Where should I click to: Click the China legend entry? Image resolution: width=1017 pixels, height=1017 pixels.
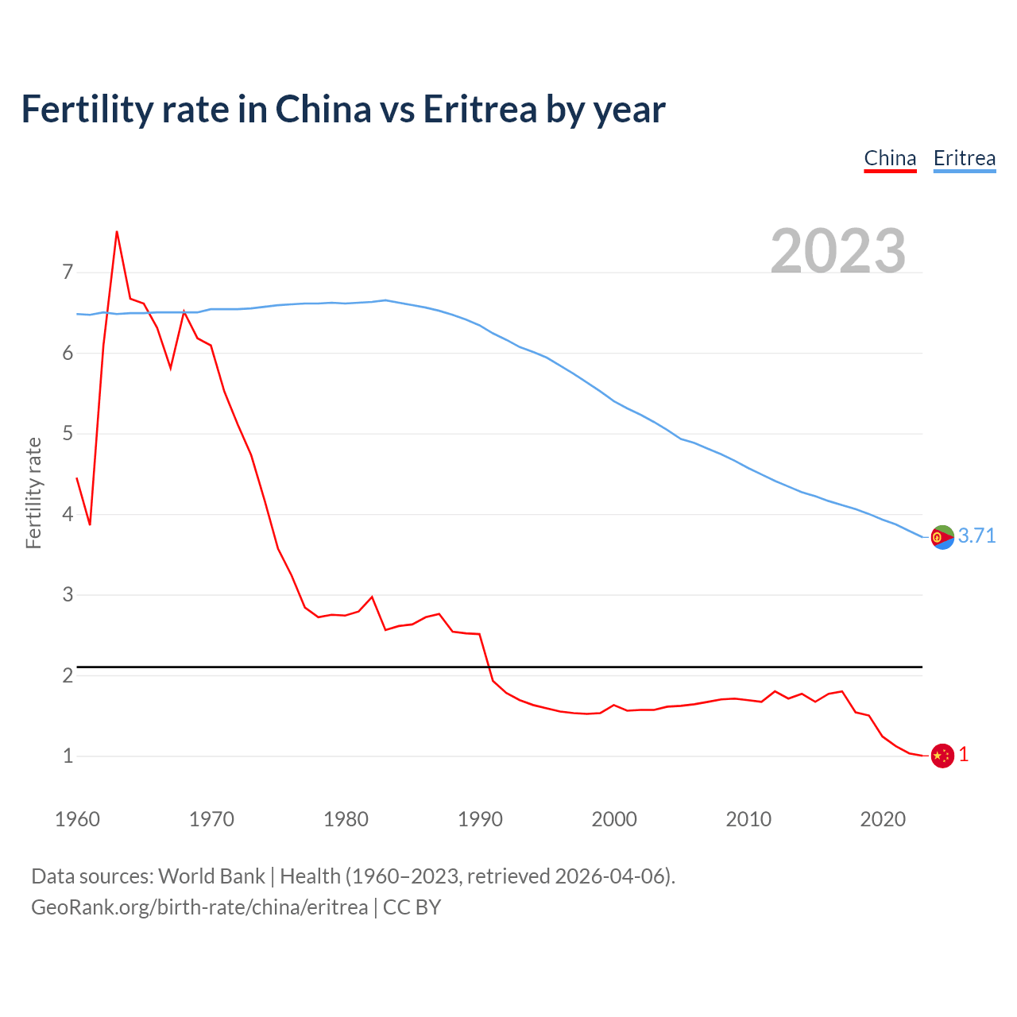(890, 158)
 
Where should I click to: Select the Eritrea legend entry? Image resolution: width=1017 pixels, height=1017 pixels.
(964, 158)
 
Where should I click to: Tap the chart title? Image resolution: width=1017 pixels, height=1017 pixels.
(343, 109)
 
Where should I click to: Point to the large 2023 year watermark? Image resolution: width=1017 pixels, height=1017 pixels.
(838, 251)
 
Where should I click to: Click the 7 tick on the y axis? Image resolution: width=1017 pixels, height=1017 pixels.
(68, 273)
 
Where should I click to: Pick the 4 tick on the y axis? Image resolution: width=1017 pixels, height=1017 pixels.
(68, 514)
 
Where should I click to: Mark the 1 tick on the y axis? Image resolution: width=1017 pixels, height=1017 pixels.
(68, 756)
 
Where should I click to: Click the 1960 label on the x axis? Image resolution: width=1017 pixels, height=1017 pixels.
(77, 819)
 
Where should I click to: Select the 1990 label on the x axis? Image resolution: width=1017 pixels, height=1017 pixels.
(480, 819)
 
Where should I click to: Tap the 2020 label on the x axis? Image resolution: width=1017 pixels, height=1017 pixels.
(883, 819)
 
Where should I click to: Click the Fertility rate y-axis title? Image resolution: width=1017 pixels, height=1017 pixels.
(33, 493)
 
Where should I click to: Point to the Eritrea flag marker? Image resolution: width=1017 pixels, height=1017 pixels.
(942, 537)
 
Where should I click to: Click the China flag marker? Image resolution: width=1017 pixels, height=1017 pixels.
(942, 756)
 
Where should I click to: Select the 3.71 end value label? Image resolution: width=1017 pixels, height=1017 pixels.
(976, 536)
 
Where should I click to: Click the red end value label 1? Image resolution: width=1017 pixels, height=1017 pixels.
(964, 755)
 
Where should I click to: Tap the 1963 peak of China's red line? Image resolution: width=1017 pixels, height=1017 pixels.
(117, 232)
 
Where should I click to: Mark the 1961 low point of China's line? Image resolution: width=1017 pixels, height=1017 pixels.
(90, 524)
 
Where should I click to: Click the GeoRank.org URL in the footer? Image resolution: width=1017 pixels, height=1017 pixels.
(199, 907)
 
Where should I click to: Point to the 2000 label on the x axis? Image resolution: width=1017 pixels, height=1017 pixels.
(614, 819)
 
